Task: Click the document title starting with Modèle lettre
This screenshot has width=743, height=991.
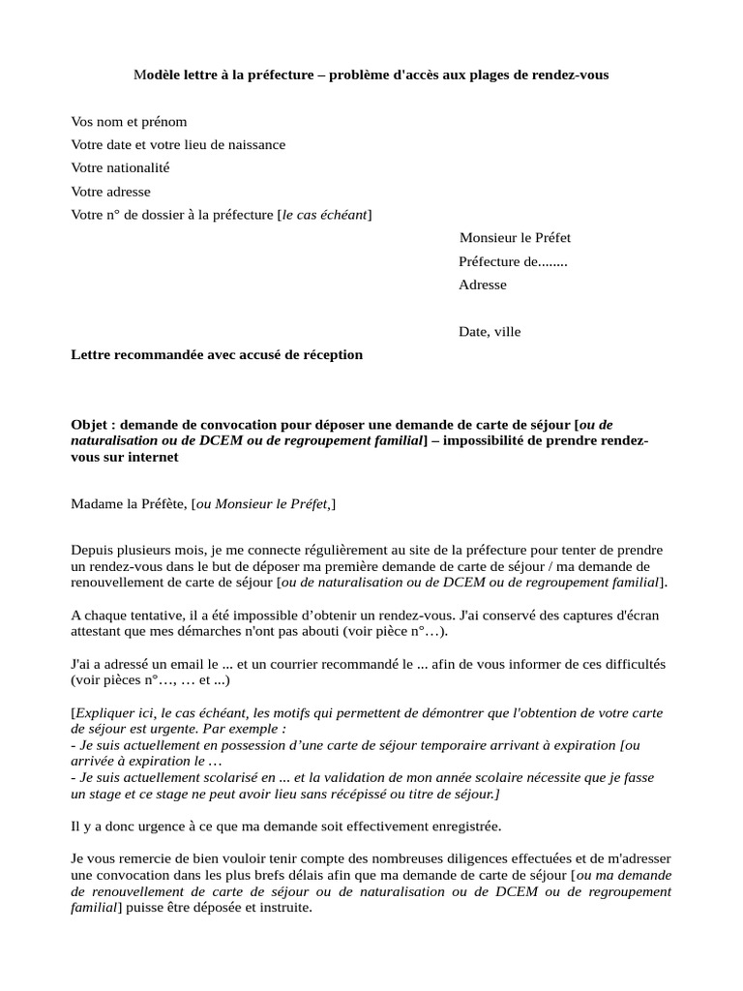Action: coord(371,75)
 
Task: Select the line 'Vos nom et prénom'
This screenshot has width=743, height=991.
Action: coord(129,122)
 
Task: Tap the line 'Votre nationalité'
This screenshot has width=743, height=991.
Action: coord(120,168)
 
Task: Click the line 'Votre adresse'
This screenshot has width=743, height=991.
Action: coord(110,192)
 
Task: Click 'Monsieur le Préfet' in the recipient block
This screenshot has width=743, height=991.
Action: coord(521,238)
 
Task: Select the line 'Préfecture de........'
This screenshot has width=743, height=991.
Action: coord(513,261)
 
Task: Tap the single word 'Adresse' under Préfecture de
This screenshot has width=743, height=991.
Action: coord(482,285)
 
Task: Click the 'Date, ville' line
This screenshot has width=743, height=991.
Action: coord(490,332)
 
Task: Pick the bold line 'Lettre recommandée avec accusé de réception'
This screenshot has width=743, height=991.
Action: coord(217,355)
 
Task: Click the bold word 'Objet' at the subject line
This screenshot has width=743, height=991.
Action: coord(90,425)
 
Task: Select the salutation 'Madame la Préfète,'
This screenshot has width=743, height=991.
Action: coord(130,503)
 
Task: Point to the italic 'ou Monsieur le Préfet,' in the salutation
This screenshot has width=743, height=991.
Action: coord(264,503)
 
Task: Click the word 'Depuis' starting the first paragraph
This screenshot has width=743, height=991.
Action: coord(92,550)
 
